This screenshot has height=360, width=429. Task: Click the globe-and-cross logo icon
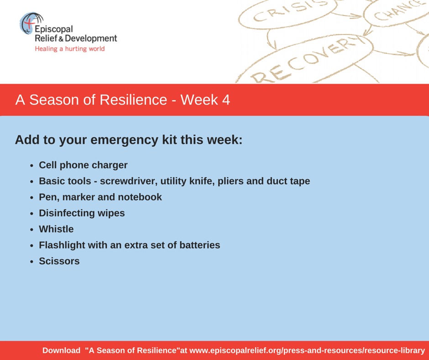coord(31,23)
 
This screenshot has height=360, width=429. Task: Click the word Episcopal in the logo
coord(54,29)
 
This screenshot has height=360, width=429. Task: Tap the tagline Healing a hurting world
coord(70,49)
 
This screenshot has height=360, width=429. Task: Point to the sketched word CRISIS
coord(290,11)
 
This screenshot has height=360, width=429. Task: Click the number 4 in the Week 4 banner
coord(226,100)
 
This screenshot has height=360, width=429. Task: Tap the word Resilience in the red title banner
coord(133,100)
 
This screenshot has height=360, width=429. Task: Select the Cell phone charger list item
coord(83,165)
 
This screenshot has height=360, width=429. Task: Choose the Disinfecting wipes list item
coord(82,213)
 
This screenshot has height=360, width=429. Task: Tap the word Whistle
coord(56,229)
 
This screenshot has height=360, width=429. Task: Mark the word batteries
coord(200,245)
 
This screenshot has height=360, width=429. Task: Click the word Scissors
coord(59,261)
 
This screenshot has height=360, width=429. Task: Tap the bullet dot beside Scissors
coord(32,262)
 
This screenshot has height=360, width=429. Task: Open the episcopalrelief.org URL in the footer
coord(307,350)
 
